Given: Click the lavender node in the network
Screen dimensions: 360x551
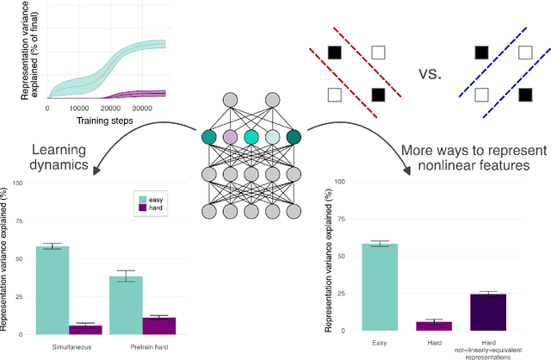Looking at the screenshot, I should point(230,137).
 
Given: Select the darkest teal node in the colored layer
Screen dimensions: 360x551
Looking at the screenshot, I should point(294,136).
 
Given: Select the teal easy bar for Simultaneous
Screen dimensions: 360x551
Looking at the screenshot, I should point(53,289).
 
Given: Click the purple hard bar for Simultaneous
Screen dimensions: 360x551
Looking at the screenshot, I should point(85,329).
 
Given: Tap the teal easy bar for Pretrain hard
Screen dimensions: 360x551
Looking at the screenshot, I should point(126,305).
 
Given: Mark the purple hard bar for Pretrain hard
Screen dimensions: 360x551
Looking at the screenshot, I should point(158,325).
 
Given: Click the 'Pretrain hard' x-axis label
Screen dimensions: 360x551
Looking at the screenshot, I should point(142,345).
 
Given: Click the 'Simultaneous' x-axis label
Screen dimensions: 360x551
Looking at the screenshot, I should point(69,345).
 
